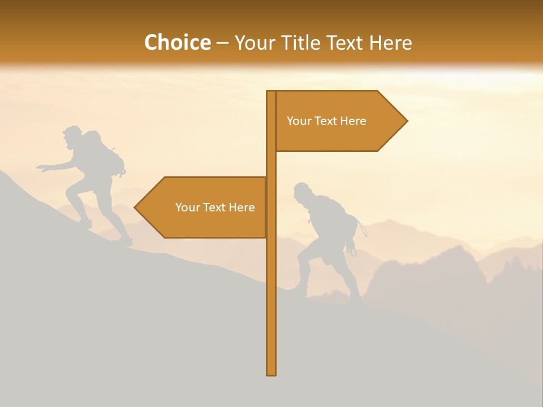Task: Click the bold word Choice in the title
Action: click(x=177, y=42)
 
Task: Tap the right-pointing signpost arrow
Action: click(x=339, y=121)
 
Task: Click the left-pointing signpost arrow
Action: click(x=204, y=207)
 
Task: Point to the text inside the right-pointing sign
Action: click(x=326, y=121)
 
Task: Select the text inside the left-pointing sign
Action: click(x=215, y=207)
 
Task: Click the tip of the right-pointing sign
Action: click(x=406, y=120)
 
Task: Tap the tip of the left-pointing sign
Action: click(x=136, y=207)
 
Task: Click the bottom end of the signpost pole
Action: click(x=271, y=373)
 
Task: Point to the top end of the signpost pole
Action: click(x=271, y=93)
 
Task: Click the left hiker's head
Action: click(x=71, y=136)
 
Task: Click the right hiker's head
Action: click(x=302, y=192)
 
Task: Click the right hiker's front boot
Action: click(x=298, y=291)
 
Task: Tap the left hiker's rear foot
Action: click(x=126, y=241)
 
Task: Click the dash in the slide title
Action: click(x=222, y=43)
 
